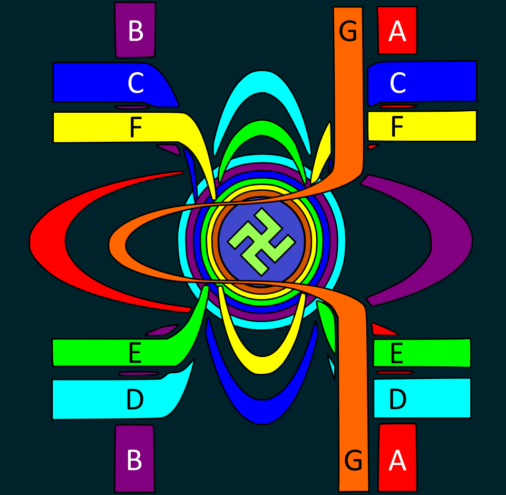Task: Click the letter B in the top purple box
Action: pyautogui.click(x=135, y=32)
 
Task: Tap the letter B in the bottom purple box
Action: pyautogui.click(x=134, y=461)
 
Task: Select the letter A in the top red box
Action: pyautogui.click(x=397, y=32)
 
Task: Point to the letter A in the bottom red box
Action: pyautogui.click(x=397, y=461)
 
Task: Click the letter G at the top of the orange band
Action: pyautogui.click(x=348, y=32)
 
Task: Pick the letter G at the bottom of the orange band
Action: pyautogui.click(x=353, y=461)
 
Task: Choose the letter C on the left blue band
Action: pyautogui.click(x=135, y=83)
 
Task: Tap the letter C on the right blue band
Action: pyautogui.click(x=397, y=83)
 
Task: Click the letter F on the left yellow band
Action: pyautogui.click(x=135, y=128)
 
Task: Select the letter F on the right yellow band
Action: pyautogui.click(x=397, y=127)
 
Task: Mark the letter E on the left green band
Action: pyautogui.click(x=135, y=353)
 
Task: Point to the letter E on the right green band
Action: pyautogui.click(x=396, y=353)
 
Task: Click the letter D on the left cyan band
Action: pyautogui.click(x=135, y=400)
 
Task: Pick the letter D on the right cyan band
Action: pyautogui.click(x=397, y=400)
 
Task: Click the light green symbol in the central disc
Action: pyautogui.click(x=261, y=241)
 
